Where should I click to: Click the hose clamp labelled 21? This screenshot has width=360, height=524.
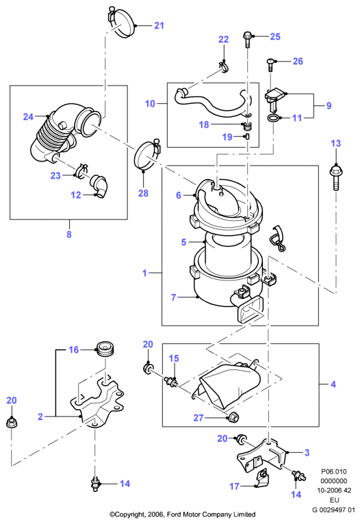tap(122, 22)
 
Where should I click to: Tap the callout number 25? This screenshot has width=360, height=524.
tap(275, 37)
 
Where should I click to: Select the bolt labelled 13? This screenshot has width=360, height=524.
tap(335, 176)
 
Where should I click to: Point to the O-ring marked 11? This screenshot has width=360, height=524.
tap(273, 118)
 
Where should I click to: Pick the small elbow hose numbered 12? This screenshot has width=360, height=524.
tap(99, 186)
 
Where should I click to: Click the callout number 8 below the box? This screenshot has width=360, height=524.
tap(69, 234)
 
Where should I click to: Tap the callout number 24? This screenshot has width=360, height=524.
tap(28, 116)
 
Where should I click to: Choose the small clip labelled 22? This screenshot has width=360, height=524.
tap(224, 66)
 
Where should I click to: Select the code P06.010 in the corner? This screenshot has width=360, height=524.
tap(333, 471)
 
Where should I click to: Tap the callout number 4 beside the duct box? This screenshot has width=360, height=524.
tap(333, 384)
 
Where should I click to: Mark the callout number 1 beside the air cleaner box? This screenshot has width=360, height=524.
tap(144, 273)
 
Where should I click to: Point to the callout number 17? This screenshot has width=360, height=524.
tap(234, 486)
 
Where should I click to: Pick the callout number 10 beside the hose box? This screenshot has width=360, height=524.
tap(150, 103)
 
